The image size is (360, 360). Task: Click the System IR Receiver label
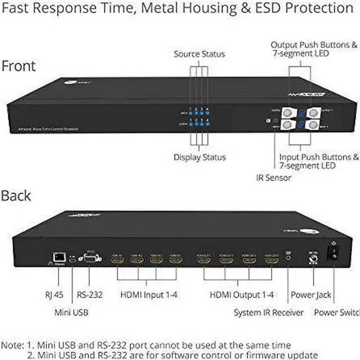[269, 312]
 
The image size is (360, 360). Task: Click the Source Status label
[199, 54]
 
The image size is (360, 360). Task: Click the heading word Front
[19, 66]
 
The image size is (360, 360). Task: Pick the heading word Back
[16, 196]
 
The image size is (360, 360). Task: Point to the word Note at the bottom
[13, 345]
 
